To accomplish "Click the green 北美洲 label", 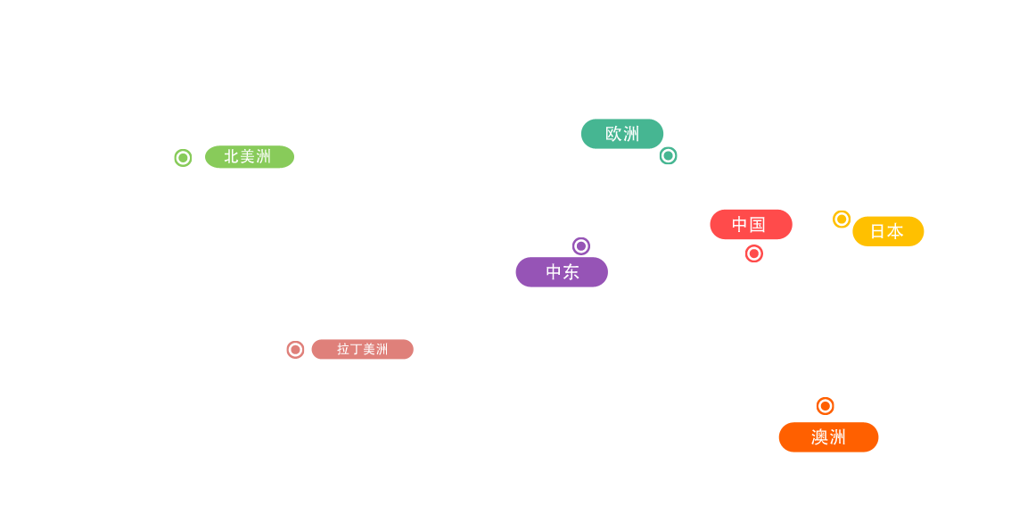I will coord(249,157).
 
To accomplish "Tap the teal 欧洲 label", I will coord(621,134).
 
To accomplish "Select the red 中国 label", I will coord(750,225).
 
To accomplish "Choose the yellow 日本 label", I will coord(887,231).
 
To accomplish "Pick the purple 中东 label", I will coord(562,272).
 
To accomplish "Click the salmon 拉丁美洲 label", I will coord(363,349).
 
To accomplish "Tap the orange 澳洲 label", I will coord(828,437).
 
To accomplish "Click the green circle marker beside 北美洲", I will coord(183,158).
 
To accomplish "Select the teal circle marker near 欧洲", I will coord(668,156).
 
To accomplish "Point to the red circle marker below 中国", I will coord(754,253).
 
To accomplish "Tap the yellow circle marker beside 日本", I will coord(842,219).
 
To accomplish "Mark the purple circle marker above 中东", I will coord(581,246).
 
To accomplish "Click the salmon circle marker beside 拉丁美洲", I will coord(295,350).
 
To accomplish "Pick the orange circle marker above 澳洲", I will coord(826,406).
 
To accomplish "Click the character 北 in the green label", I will coord(231,157).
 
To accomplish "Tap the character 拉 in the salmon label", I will coord(343,349).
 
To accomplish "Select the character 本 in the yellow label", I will coord(895,231).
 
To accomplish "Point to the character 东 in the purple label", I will coord(571,272).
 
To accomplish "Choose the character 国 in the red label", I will coord(758,225).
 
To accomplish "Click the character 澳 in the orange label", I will coord(819,437).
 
